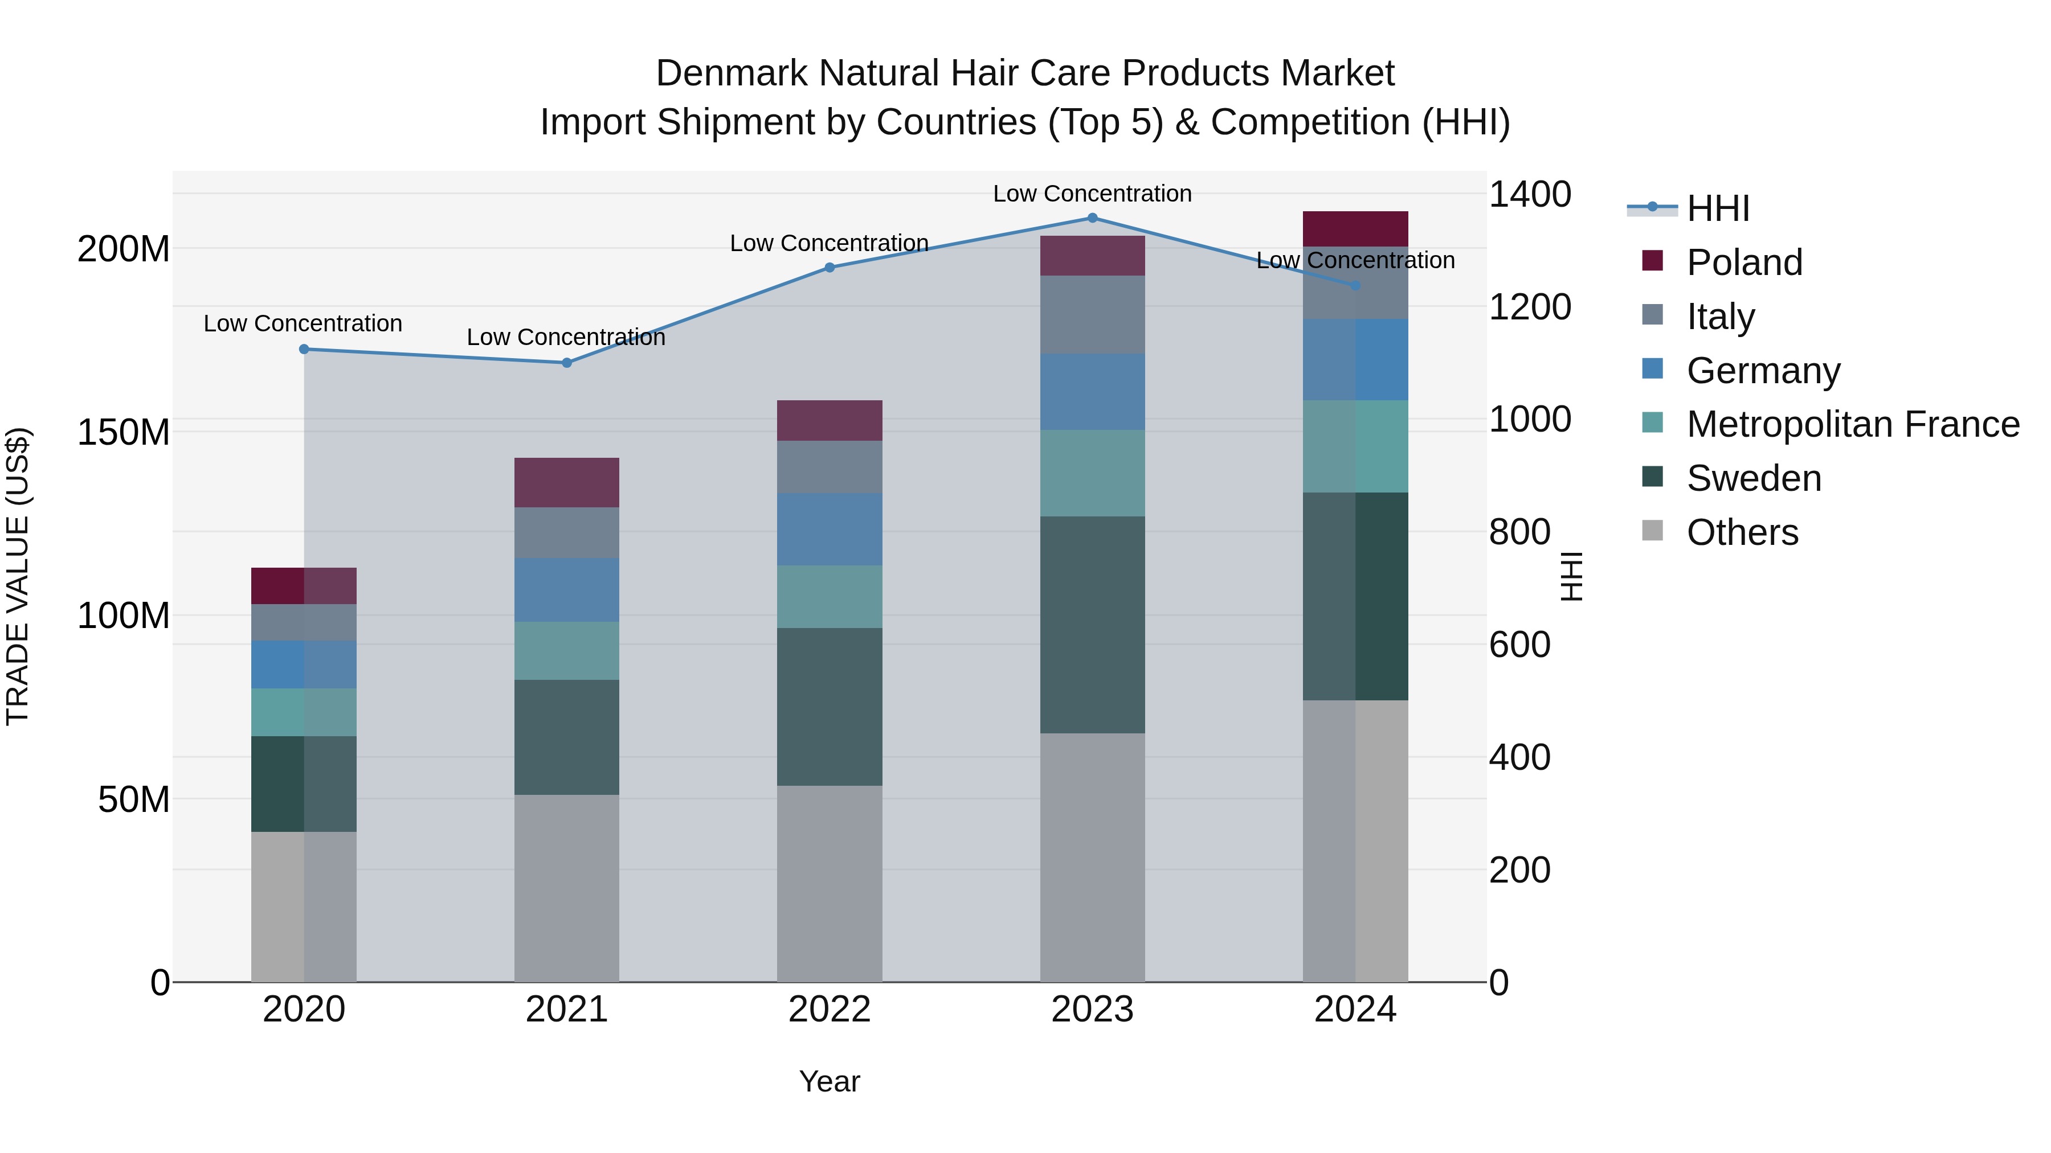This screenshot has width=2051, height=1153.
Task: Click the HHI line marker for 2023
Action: click(1092, 218)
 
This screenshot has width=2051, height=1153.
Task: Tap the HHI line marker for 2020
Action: click(303, 350)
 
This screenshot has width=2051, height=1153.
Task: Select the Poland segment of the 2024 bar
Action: click(1355, 229)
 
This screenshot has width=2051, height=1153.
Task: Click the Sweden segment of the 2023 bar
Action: click(1092, 625)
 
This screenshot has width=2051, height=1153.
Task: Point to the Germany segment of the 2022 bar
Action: click(829, 529)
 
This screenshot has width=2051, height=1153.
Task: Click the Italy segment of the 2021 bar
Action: click(566, 532)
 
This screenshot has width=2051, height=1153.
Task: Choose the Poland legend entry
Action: click(1744, 262)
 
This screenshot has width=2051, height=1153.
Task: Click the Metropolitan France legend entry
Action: click(1852, 424)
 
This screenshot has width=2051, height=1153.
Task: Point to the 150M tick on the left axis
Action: click(124, 432)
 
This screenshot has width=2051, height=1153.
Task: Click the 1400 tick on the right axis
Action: click(1529, 194)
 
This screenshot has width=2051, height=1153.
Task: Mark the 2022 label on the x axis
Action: click(829, 1010)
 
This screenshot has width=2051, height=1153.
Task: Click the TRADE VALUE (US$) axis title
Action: click(18, 576)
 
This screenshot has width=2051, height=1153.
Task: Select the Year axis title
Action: click(829, 1081)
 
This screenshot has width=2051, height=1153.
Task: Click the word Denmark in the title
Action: click(731, 73)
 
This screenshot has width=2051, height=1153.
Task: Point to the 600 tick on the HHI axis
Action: click(1519, 645)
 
